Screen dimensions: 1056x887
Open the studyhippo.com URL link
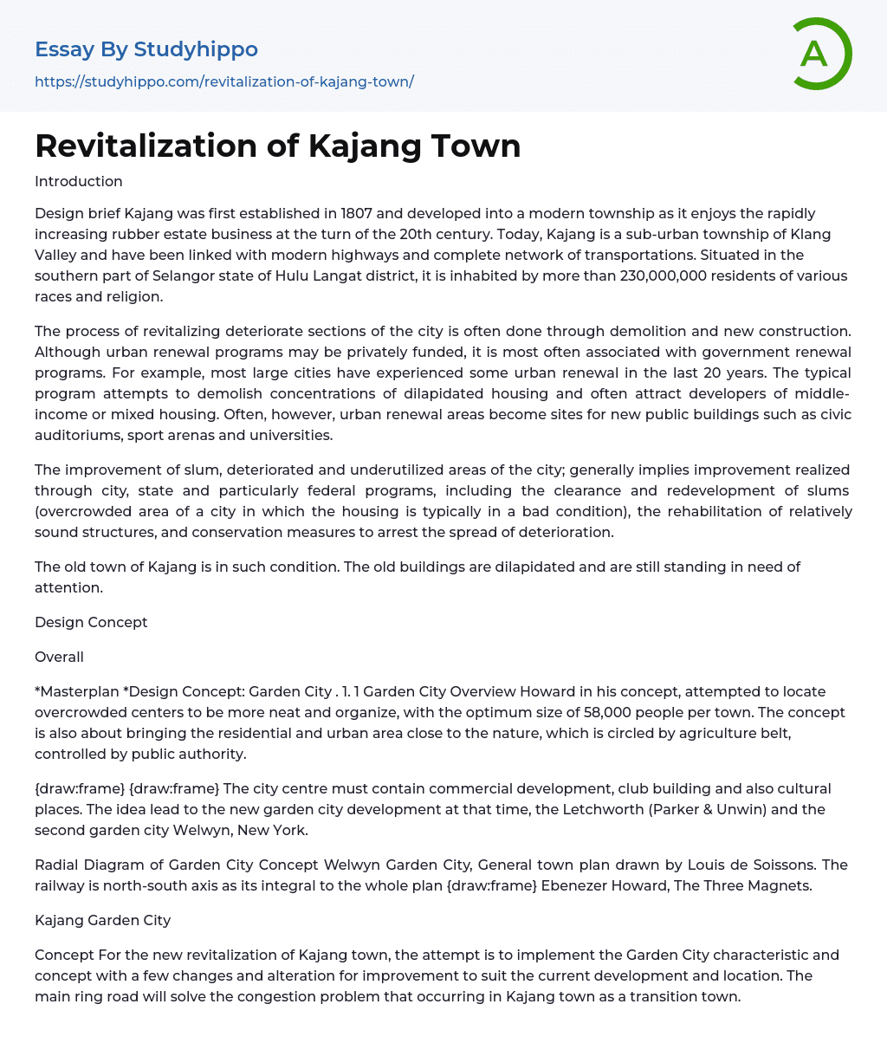tap(224, 81)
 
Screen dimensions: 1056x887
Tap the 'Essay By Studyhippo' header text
tap(146, 49)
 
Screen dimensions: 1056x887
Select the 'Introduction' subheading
tap(79, 182)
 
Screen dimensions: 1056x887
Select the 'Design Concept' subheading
tap(91, 622)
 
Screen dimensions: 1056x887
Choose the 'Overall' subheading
tap(59, 657)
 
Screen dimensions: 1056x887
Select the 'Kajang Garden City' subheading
tap(102, 920)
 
